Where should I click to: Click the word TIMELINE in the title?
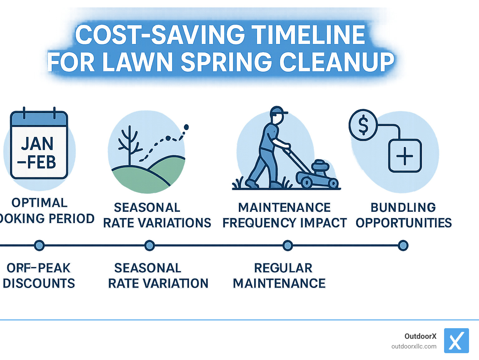(x=308, y=35)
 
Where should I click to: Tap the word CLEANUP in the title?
(x=337, y=62)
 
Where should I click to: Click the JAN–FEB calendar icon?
(x=39, y=145)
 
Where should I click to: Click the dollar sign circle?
(x=363, y=125)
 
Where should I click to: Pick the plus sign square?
(x=405, y=156)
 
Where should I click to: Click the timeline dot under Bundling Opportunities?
(x=403, y=246)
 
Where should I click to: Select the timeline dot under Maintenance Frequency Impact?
(x=288, y=246)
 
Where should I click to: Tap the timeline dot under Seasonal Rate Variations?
(x=150, y=246)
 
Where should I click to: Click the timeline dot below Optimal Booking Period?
(x=39, y=246)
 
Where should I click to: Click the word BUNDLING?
(x=403, y=207)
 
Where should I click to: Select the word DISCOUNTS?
(x=39, y=283)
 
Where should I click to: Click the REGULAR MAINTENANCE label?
(x=280, y=276)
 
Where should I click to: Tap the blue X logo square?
(x=456, y=341)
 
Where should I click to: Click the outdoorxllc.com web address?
(x=414, y=346)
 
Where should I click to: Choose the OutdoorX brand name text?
(x=420, y=336)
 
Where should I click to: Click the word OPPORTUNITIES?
(x=404, y=223)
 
